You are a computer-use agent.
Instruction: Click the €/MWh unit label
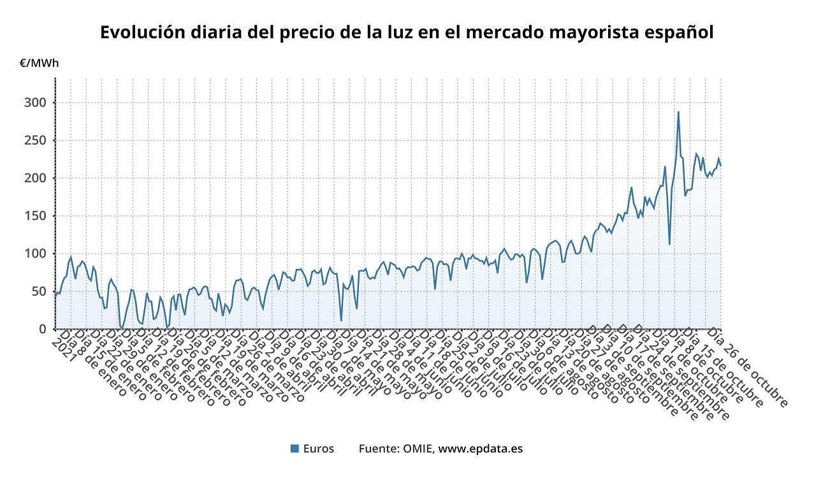(x=39, y=63)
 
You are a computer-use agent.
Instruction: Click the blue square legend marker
(x=294, y=449)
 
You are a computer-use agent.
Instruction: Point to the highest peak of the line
(x=678, y=112)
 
